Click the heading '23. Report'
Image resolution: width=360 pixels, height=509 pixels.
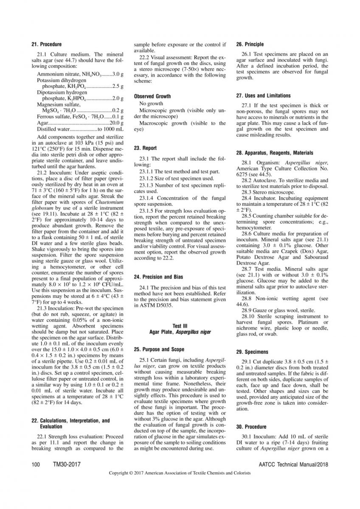click(x=145, y=148)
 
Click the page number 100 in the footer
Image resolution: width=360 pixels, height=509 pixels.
click(x=36, y=464)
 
